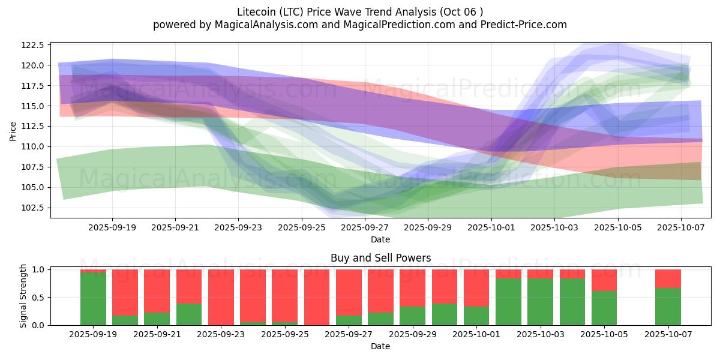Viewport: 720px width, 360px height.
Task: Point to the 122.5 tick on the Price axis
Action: (32, 45)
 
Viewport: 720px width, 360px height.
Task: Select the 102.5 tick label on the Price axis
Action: (32, 208)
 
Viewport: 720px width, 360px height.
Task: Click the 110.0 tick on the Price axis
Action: (32, 146)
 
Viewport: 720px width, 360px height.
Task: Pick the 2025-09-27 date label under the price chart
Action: (365, 228)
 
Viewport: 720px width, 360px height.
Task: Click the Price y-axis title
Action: (13, 130)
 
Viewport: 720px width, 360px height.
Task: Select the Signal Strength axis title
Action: (24, 296)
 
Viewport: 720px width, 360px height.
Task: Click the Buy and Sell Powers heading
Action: (380, 259)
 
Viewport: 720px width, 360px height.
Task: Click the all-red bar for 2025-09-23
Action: (221, 297)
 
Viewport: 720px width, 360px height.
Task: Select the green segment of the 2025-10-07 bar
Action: (668, 307)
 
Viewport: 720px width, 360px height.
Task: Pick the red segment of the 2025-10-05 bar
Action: (604, 280)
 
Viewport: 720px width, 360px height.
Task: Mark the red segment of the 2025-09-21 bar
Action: (157, 290)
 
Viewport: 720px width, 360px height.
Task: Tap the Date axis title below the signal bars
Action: (380, 346)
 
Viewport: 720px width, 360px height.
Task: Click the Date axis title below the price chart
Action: (380, 239)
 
